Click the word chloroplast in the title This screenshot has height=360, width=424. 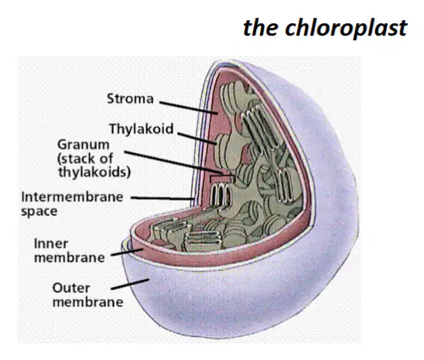(x=346, y=29)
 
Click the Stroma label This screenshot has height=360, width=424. (x=130, y=98)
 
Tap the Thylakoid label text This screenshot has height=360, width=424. (x=141, y=129)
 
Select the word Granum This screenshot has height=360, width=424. (x=84, y=145)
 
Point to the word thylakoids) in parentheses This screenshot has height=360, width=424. (x=94, y=173)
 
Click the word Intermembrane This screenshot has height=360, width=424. (x=72, y=197)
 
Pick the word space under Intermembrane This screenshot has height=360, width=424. (x=39, y=211)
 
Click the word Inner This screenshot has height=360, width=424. (x=51, y=244)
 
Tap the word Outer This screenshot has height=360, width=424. (x=71, y=288)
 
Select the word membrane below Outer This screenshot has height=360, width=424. (x=88, y=302)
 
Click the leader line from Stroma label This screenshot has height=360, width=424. (x=189, y=108)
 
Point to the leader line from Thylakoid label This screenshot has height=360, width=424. (x=197, y=139)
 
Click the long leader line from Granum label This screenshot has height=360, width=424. (x=173, y=163)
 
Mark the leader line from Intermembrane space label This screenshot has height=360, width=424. (x=162, y=198)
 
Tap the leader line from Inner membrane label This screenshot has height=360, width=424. (x=127, y=252)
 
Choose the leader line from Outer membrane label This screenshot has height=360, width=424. (x=130, y=284)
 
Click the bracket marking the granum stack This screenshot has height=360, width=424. (x=221, y=176)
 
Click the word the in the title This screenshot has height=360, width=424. (x=261, y=28)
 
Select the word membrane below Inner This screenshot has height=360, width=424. (x=70, y=258)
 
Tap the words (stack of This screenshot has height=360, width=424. (x=85, y=159)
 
